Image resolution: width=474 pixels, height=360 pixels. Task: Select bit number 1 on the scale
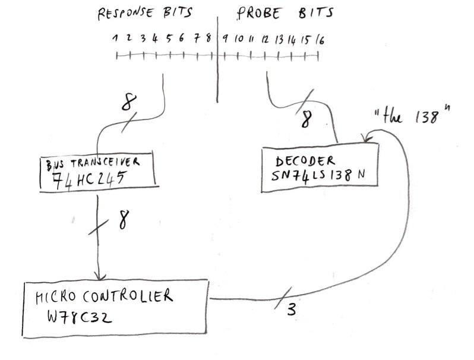point(116,39)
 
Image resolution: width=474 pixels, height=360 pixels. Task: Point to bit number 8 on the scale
point(208,39)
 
